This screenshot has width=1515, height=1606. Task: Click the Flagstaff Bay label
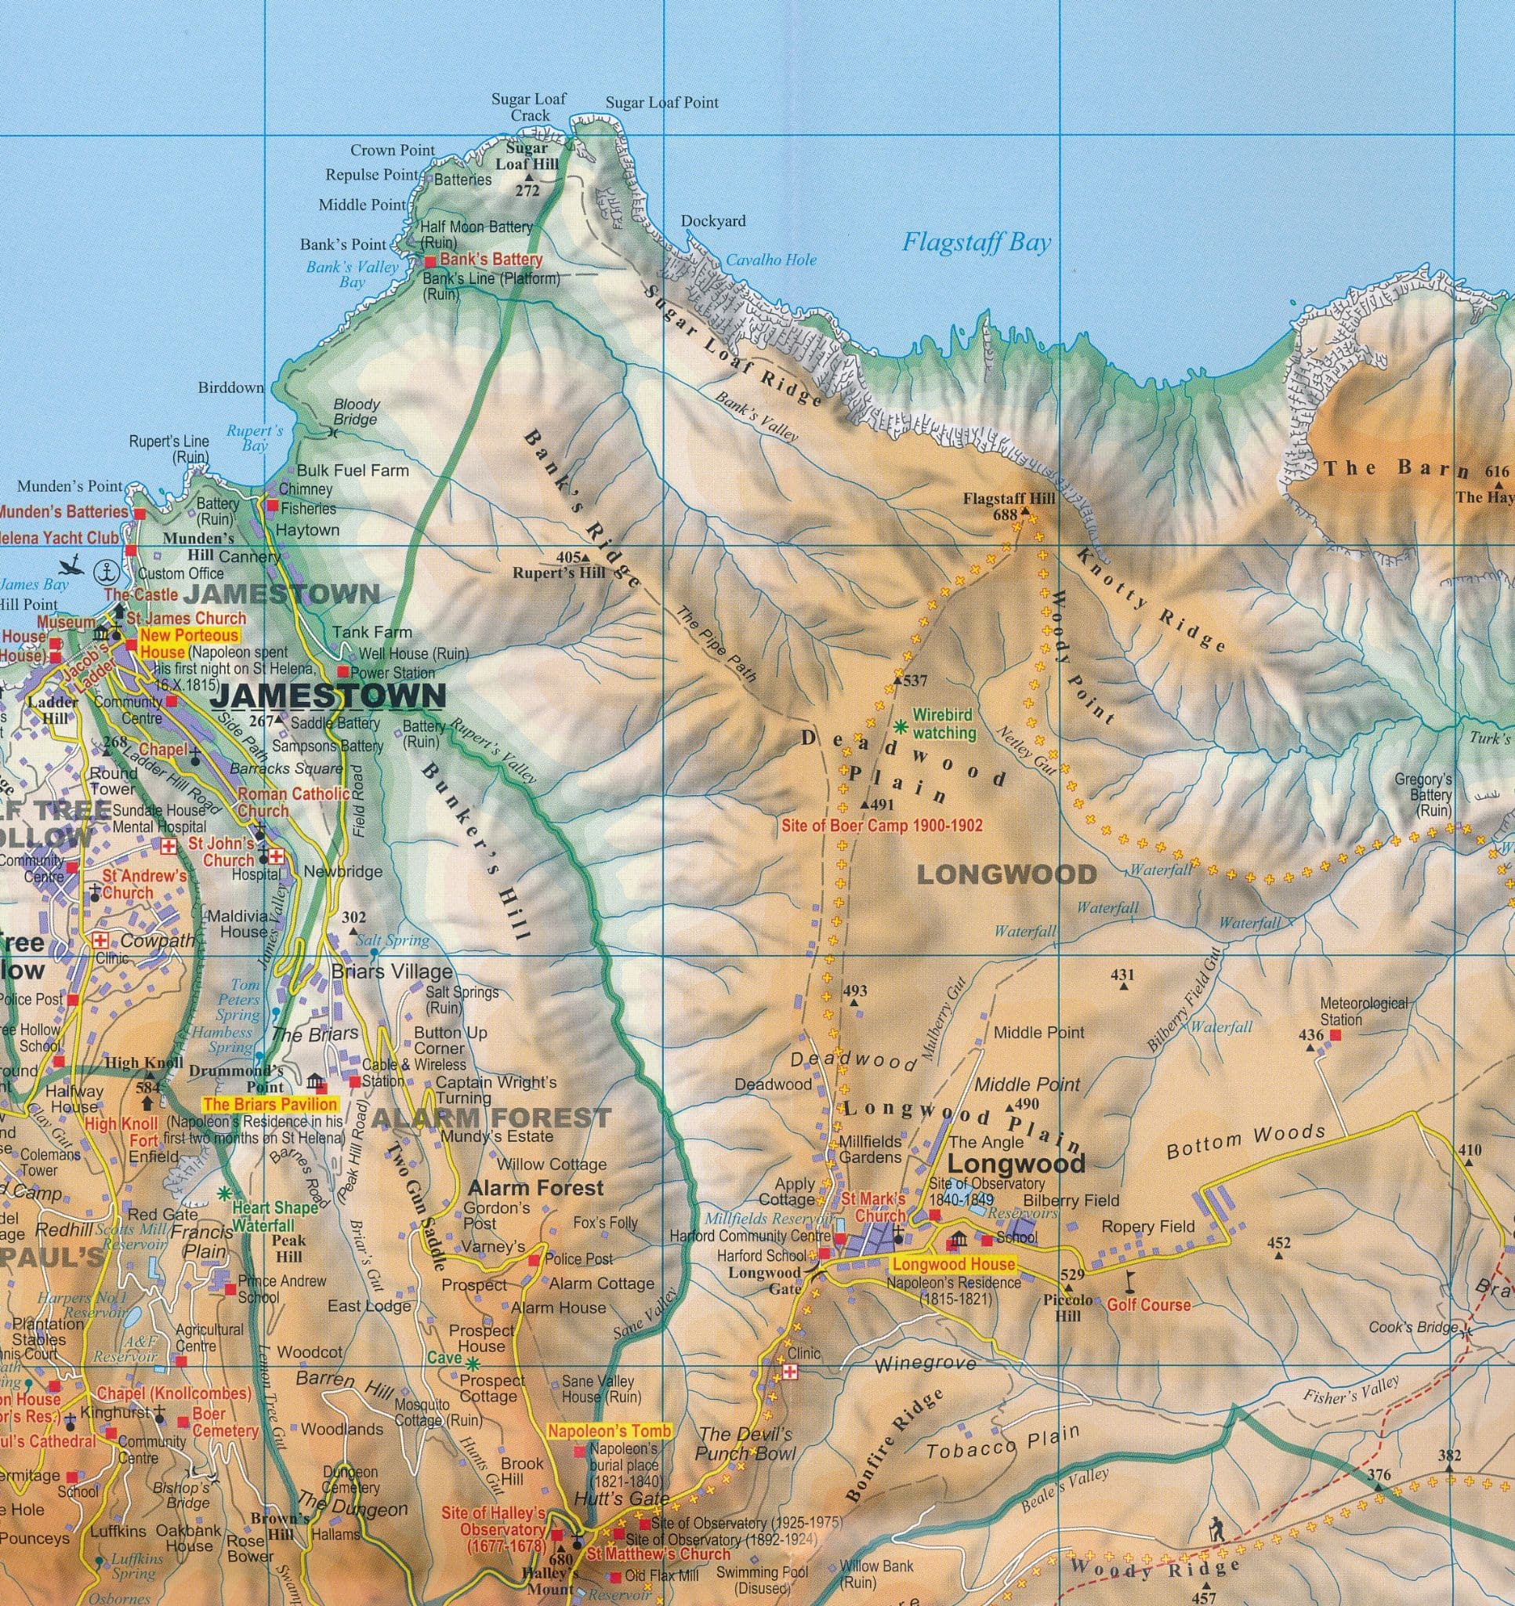point(977,242)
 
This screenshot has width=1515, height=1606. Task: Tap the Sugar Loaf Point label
point(661,103)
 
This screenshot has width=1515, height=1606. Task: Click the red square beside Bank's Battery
point(430,261)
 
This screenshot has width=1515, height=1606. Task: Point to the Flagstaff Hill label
point(1009,499)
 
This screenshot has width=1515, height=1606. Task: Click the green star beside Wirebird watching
point(901,725)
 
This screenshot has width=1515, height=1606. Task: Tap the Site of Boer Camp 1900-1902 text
point(882,827)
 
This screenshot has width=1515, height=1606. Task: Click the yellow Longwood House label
point(953,1264)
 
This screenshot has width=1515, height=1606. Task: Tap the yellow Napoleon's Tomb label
point(609,1431)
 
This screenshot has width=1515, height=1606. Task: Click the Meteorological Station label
point(1363,1011)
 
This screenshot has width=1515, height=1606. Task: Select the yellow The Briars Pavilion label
point(270,1104)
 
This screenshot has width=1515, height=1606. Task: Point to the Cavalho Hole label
point(770,260)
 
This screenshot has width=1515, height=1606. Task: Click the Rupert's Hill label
point(558,572)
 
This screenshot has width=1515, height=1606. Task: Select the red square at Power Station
point(343,671)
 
